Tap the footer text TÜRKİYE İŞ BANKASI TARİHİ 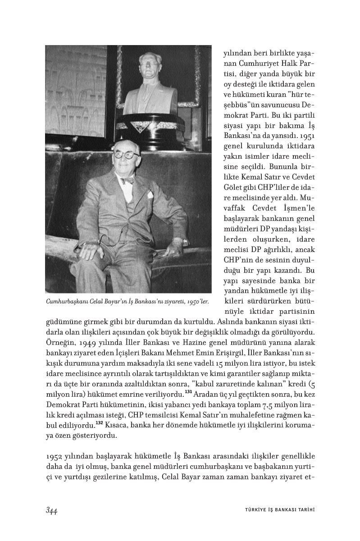(277, 510)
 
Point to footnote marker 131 (188, 405)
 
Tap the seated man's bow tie (128, 181)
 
